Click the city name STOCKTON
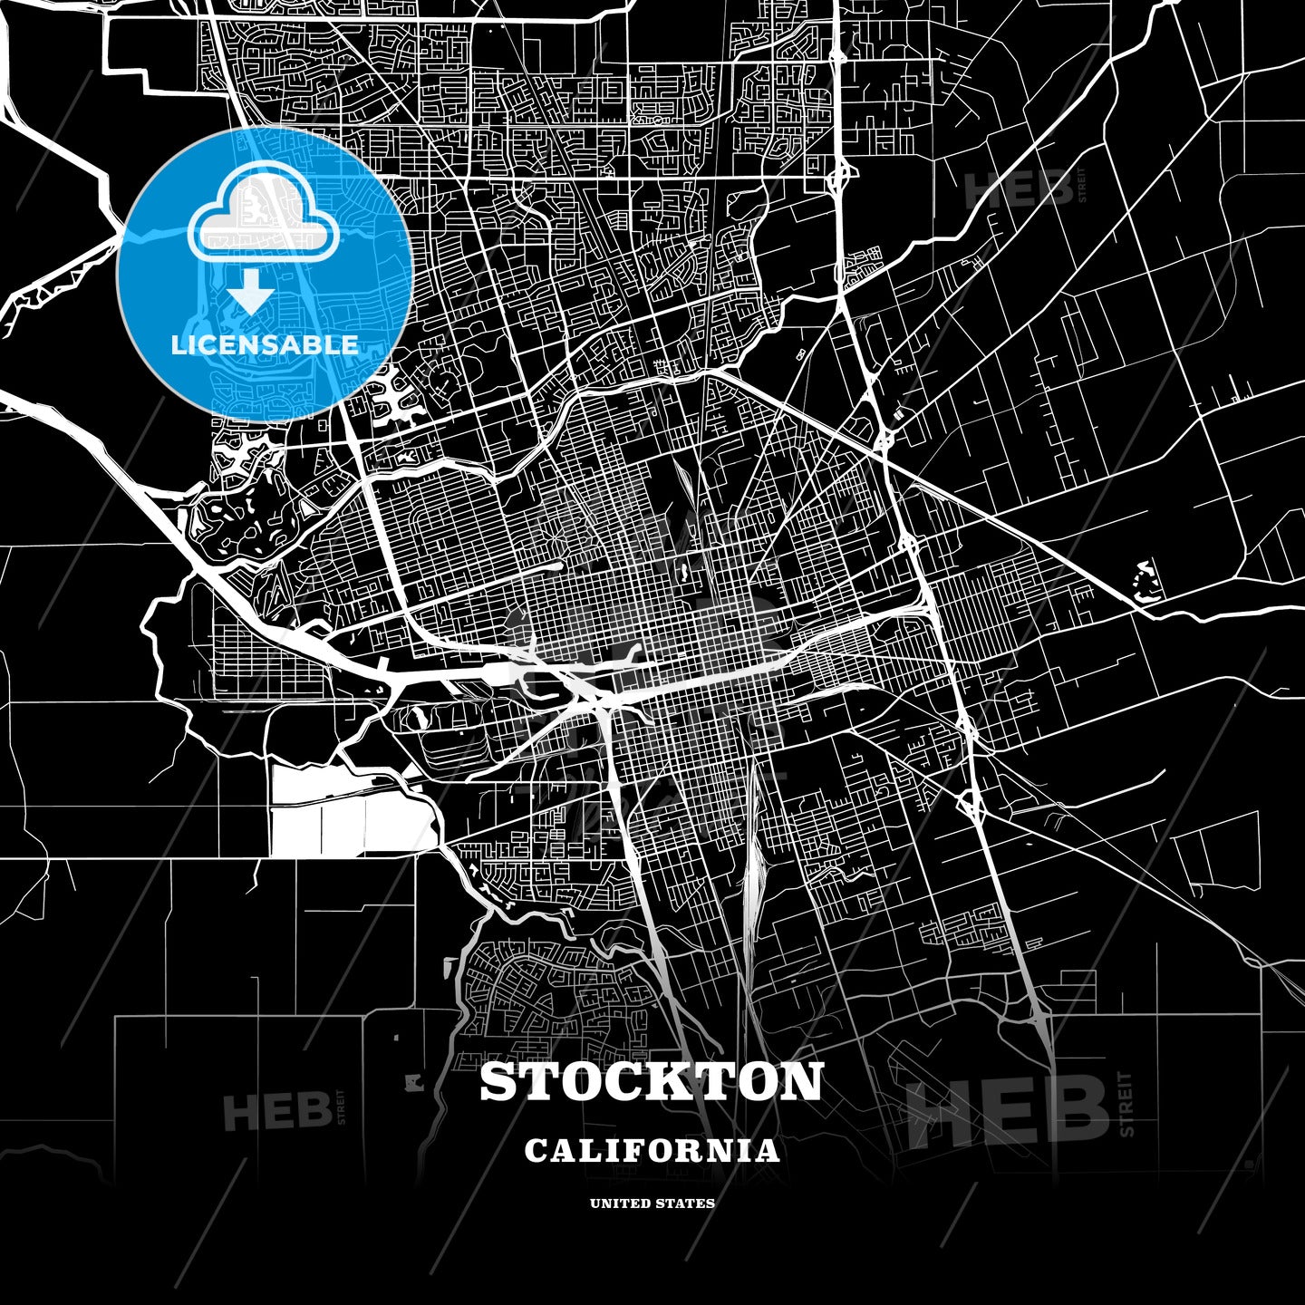click(x=652, y=1082)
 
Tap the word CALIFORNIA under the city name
click(x=652, y=1151)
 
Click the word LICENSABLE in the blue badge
click(x=265, y=345)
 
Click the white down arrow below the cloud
click(x=250, y=293)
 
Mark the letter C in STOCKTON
click(x=628, y=1082)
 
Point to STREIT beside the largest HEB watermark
click(x=1126, y=1104)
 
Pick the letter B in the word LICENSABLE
click(x=317, y=345)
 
